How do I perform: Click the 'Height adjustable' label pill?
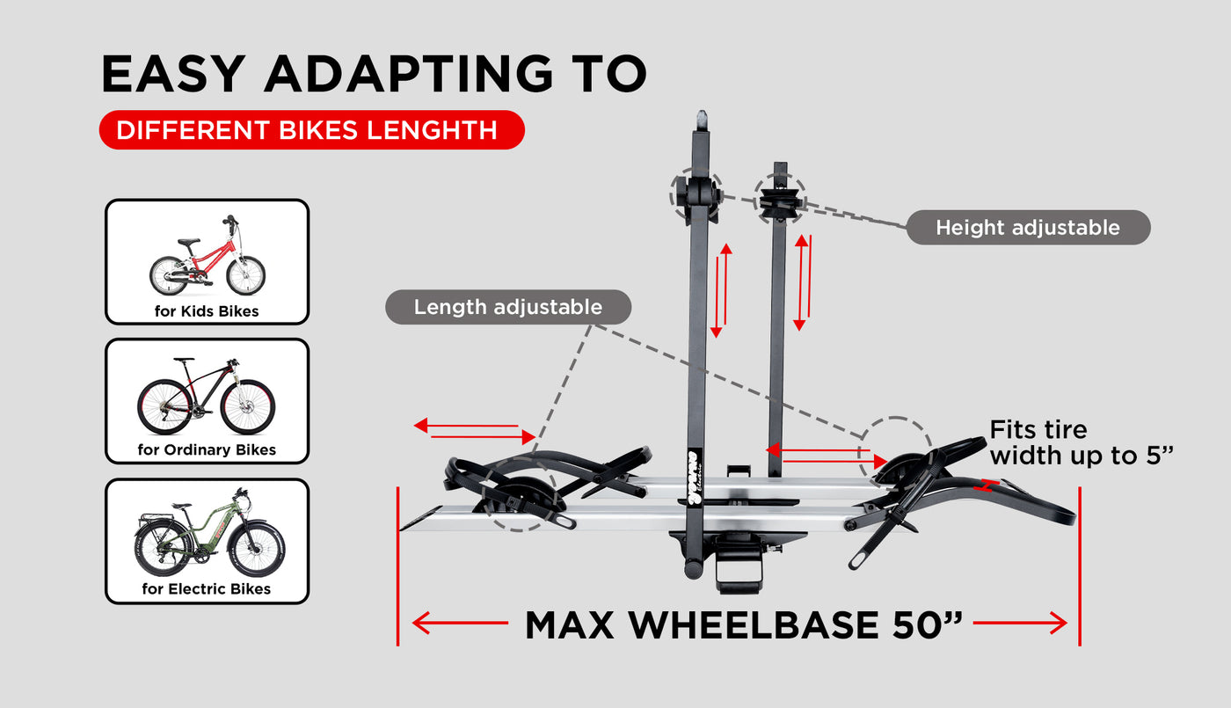[x=1028, y=227]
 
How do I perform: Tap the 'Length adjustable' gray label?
[x=508, y=307]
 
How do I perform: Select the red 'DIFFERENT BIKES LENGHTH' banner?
[x=311, y=130]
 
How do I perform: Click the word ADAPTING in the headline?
[x=410, y=73]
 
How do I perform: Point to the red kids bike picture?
[x=208, y=256]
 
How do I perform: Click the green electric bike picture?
[x=209, y=532]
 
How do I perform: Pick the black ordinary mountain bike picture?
[x=206, y=396]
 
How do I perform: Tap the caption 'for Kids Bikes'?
[x=207, y=311]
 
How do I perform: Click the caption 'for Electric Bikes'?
[x=207, y=588]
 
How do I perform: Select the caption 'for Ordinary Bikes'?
[x=207, y=449]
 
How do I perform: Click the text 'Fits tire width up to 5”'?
[x=1081, y=442]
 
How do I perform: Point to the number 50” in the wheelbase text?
[x=927, y=624]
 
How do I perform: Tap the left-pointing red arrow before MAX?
[x=460, y=624]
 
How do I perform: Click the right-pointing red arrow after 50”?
[x=1020, y=624]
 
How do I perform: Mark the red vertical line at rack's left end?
[x=397, y=566]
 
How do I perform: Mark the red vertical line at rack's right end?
[x=1080, y=566]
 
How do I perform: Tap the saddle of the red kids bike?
[x=188, y=242]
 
